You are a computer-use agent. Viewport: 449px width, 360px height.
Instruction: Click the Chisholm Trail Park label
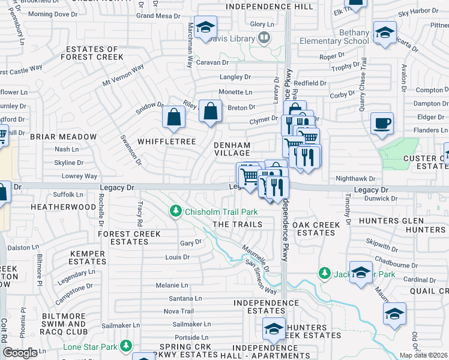(221, 212)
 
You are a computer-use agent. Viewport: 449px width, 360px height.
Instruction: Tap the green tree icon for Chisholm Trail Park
(176, 211)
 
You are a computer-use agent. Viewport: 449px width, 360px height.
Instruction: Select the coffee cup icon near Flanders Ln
(382, 124)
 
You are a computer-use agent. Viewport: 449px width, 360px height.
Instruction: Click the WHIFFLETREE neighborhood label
(167, 142)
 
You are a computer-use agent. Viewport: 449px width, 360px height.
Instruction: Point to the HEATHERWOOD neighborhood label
(65, 207)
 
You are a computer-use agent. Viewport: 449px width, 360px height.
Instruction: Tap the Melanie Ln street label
(172, 286)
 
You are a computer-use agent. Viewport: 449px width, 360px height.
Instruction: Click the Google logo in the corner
(20, 352)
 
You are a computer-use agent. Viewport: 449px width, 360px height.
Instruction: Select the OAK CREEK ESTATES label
(316, 229)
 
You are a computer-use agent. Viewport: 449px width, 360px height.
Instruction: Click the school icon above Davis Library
(205, 27)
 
